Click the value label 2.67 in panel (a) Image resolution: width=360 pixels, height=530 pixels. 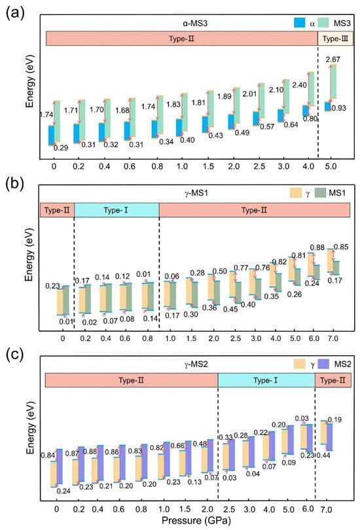333,60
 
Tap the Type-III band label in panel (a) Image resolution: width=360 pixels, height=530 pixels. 335,39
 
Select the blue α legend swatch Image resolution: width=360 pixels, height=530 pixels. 300,23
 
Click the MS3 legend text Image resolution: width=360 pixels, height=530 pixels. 342,23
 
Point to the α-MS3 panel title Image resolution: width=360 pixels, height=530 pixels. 195,23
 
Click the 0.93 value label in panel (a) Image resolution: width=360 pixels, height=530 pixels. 338,108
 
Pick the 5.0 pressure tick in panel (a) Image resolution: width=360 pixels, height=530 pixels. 331,166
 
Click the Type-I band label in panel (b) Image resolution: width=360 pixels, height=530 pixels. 116,210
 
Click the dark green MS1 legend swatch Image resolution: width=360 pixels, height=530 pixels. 320,192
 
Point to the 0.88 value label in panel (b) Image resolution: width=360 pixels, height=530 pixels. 317,248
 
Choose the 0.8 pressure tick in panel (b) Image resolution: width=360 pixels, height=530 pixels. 148,338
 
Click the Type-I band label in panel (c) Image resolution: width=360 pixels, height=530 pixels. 266,380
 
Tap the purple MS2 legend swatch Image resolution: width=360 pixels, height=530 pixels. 324,364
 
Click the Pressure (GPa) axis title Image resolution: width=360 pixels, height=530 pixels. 196,520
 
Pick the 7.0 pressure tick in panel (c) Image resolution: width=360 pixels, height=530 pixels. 326,509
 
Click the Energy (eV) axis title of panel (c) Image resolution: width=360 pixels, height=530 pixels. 30,428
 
